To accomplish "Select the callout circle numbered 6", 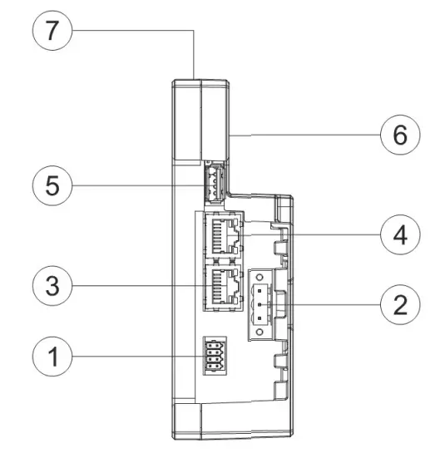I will pyautogui.click(x=399, y=133).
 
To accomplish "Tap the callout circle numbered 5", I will pyautogui.click(x=52, y=185).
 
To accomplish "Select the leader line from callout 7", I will pyautogui.click(x=133, y=32).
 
